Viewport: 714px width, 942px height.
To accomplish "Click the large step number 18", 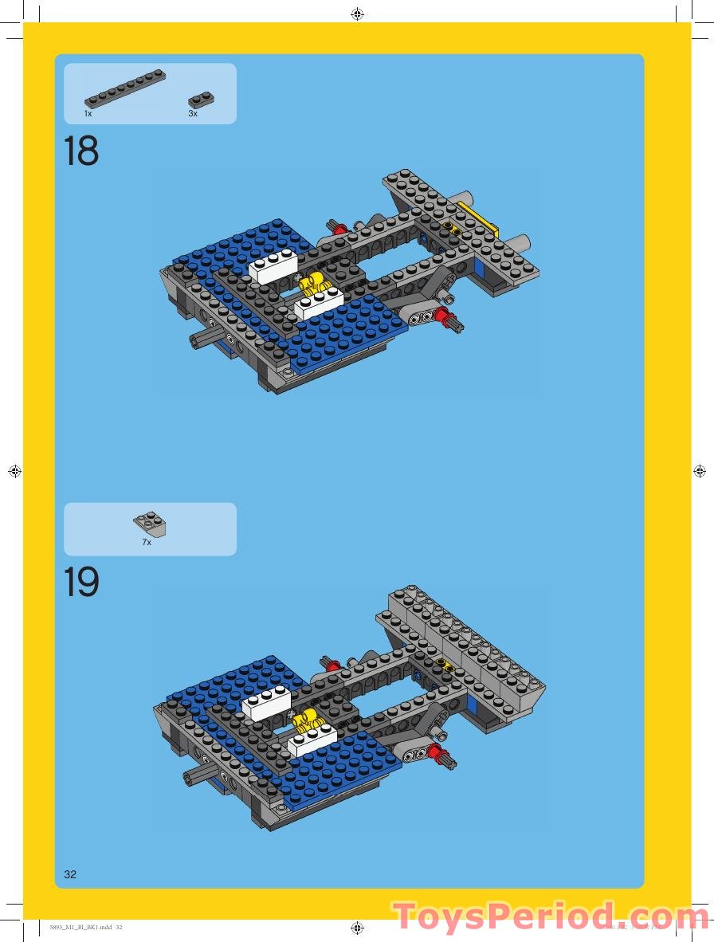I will (x=81, y=151).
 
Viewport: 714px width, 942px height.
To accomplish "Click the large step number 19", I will (x=81, y=583).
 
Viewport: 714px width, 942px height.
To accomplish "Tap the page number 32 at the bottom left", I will (x=70, y=874).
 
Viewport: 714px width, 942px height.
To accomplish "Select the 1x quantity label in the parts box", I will (x=88, y=114).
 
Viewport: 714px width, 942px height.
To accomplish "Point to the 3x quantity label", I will (x=193, y=114).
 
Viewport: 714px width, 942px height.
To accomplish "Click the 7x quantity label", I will (x=147, y=542).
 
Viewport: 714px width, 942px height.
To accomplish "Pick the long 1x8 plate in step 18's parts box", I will (x=125, y=88).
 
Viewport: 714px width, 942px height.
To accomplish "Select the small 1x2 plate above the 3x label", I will (x=201, y=100).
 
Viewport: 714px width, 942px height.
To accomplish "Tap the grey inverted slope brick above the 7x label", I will (x=150, y=524).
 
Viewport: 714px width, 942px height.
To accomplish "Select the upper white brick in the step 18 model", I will (x=273, y=268).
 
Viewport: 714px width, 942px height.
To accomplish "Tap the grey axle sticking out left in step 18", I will (x=199, y=340).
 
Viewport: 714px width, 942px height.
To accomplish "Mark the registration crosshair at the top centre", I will (x=357, y=14).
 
